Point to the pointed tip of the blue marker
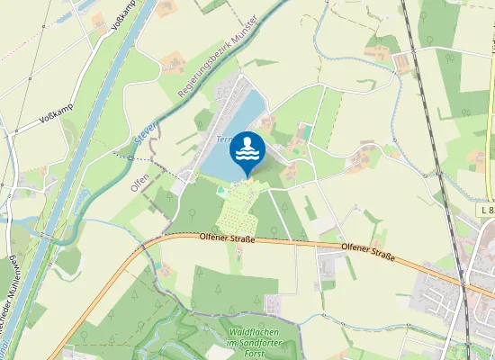pyautogui.click(x=247, y=177)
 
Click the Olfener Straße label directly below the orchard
pyautogui.click(x=228, y=239)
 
